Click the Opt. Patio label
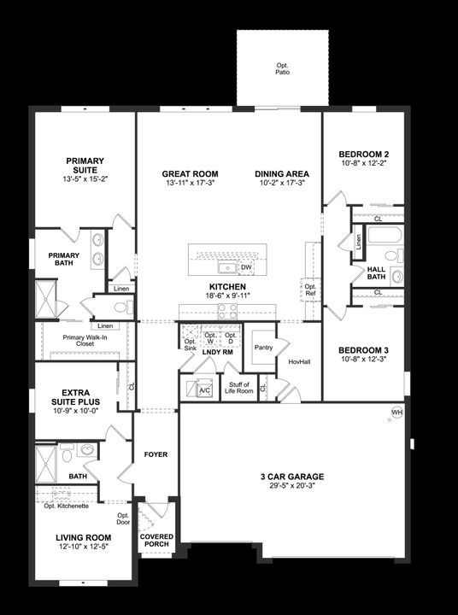282,69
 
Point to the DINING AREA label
282,174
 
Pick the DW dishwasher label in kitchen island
244,267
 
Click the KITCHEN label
227,287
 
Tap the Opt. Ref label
310,290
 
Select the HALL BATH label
377,273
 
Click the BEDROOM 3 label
364,350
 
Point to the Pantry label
263,347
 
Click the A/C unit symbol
203,389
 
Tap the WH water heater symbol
396,413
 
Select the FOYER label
156,454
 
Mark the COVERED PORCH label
156,540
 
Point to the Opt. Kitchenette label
67,507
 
